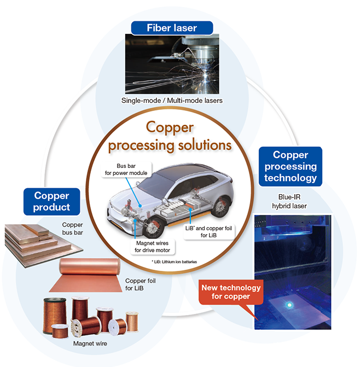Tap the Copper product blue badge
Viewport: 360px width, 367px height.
(x=53, y=201)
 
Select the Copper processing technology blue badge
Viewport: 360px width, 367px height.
(x=290, y=166)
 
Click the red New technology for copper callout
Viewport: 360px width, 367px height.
(x=231, y=292)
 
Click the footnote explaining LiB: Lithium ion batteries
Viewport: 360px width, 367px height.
(x=175, y=262)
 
